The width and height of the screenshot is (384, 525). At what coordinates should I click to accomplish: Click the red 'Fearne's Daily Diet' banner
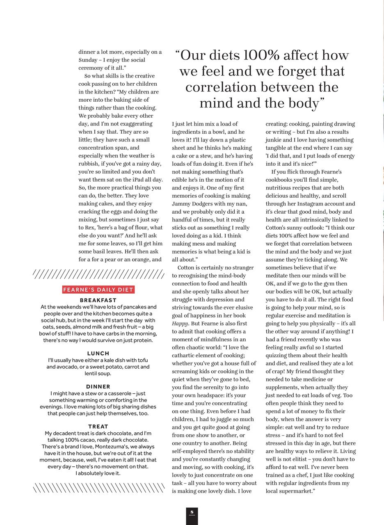pos(98,290)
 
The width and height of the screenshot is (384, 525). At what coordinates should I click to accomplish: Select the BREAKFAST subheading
pos(98,300)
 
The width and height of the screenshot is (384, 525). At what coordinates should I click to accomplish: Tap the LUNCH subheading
pos(98,353)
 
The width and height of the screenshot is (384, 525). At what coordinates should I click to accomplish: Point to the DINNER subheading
pos(98,386)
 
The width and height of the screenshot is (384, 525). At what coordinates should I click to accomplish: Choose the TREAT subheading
pos(98,427)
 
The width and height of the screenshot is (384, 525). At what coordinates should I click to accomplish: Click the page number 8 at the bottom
pos(192,512)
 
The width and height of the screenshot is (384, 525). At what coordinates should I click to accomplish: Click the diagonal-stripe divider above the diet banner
pos(98,274)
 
